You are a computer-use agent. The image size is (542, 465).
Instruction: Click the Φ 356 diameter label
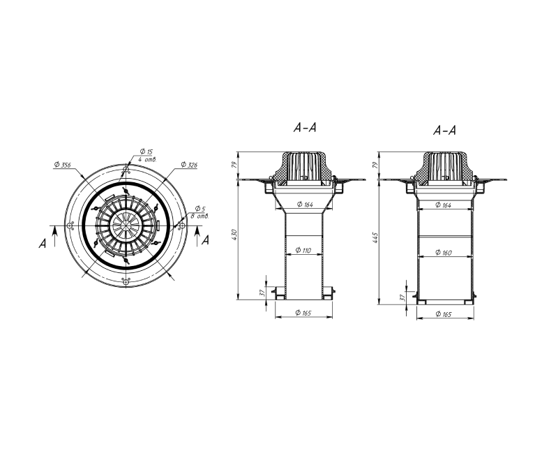coord(63,165)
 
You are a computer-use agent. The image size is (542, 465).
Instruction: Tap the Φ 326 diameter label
coord(189,165)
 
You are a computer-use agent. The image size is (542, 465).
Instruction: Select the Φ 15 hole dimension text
coord(146,152)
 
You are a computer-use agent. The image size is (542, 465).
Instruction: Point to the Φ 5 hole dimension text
coord(200,209)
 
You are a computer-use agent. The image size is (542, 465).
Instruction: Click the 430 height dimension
coord(234,235)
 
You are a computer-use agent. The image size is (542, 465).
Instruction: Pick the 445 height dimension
coord(375,238)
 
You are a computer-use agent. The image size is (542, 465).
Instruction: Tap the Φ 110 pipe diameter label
coord(303,250)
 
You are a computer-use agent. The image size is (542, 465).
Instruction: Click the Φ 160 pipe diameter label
coord(444,253)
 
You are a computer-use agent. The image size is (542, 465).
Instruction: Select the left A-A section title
coord(305,128)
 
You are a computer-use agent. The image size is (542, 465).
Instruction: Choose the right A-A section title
coord(445,131)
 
